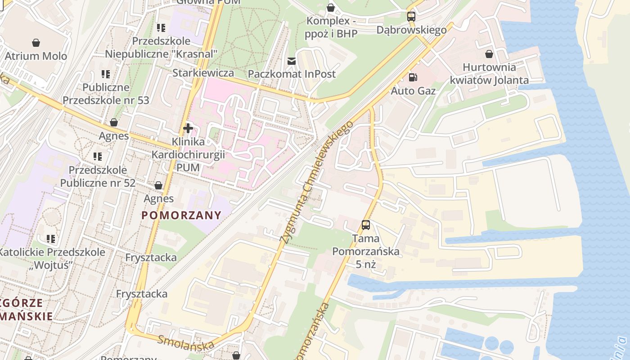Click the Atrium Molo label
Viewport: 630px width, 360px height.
coord(36,56)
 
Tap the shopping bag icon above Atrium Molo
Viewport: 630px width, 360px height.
coord(36,43)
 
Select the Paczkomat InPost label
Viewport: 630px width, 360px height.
coord(292,74)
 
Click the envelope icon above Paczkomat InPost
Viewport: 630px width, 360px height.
coord(292,61)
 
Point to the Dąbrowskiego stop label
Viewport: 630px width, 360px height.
coord(411,30)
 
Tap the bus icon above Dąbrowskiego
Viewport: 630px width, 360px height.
coord(411,17)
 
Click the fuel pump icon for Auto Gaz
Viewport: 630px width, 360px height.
coord(413,77)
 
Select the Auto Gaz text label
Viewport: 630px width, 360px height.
coord(413,91)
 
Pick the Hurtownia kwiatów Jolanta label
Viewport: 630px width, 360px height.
coord(489,74)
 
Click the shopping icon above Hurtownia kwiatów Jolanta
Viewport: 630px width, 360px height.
coord(489,54)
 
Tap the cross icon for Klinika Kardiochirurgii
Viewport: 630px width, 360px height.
coord(188,129)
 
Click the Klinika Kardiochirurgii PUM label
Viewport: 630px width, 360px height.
coord(188,154)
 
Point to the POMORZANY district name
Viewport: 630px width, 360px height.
coord(181,215)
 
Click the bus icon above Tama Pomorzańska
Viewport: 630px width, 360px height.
coord(366,225)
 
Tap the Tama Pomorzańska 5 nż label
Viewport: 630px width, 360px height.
coord(366,251)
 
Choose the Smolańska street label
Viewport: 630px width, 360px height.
coord(186,343)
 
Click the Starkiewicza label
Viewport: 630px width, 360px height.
coord(203,73)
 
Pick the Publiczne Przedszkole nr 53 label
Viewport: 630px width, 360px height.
coord(106,94)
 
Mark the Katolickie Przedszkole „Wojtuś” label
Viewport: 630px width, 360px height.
coord(51,258)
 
